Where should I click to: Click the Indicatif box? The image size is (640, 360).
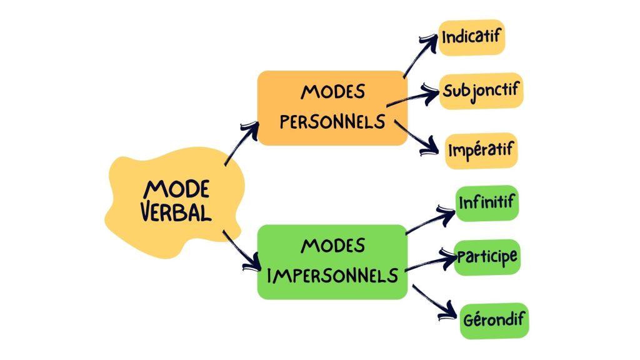pyautogui.click(x=471, y=37)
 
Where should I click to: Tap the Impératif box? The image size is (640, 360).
pyautogui.click(x=481, y=151)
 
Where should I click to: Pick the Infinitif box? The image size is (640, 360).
pyautogui.click(x=487, y=203)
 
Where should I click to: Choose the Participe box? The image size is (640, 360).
pyautogui.click(x=487, y=257)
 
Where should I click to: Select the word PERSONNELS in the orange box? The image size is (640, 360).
pyautogui.click(x=332, y=121)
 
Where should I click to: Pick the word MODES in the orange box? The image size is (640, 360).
pyautogui.click(x=332, y=92)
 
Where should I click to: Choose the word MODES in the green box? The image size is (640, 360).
pyautogui.click(x=332, y=246)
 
